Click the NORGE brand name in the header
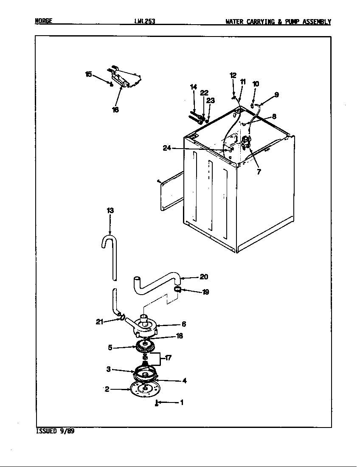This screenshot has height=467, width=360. (x=43, y=21)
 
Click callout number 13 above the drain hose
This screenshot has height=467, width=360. (x=110, y=211)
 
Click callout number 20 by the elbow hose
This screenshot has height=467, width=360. (x=204, y=277)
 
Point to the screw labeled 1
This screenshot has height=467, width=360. (x=157, y=403)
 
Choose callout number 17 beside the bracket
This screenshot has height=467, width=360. (x=168, y=358)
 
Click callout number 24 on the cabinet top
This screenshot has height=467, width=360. (x=166, y=148)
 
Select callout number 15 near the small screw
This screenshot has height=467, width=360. (x=88, y=74)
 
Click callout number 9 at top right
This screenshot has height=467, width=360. (x=276, y=95)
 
